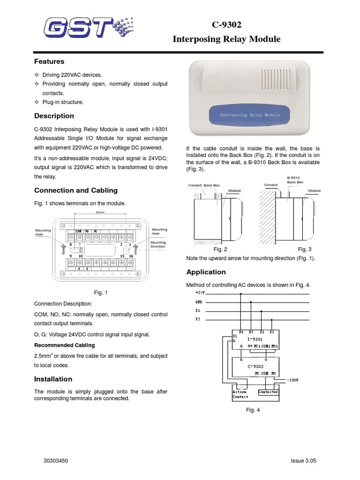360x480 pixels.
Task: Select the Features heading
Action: [49, 61]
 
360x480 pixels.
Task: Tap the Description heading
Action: [54, 116]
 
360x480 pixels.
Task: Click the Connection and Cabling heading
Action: [75, 190]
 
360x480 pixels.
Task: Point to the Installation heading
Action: [53, 379]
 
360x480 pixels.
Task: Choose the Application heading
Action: [206, 272]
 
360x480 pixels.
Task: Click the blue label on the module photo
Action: [249, 115]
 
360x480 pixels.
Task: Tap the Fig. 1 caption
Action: [101, 292]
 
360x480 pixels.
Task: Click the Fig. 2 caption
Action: [220, 249]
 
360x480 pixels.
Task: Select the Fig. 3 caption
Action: [305, 249]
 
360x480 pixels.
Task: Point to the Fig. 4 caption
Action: [253, 410]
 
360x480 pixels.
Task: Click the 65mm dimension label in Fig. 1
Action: [100, 212]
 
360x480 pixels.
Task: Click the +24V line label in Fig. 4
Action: [200, 292]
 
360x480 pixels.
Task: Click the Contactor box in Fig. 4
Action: [268, 392]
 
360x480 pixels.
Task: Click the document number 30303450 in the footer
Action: [56, 461]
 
